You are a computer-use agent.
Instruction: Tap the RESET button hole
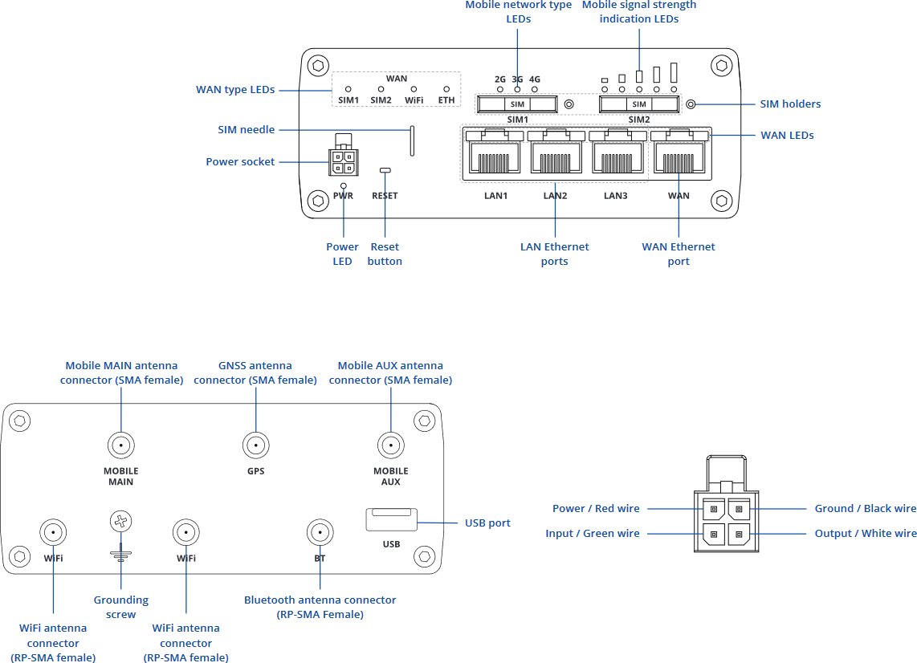tap(385, 170)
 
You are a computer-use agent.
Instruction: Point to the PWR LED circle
tap(344, 185)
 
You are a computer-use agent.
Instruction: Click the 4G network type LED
tap(535, 89)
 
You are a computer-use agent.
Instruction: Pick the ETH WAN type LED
tap(446, 89)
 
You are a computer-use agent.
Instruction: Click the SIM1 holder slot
tap(517, 104)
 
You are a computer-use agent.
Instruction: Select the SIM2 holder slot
tap(639, 104)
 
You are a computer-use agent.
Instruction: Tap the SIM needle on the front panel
tap(413, 141)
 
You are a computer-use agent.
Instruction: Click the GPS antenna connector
tap(255, 445)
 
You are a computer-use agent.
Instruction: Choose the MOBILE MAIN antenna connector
tap(120, 445)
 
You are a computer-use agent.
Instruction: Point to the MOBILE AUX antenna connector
tap(390, 445)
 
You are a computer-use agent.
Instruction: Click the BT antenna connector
tap(320, 531)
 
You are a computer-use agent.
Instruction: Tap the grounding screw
tap(120, 523)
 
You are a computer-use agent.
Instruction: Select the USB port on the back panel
tap(391, 520)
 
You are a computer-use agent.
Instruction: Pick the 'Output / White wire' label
tap(865, 534)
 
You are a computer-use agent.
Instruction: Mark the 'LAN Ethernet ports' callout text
tap(554, 254)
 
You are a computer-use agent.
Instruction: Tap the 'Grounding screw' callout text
tap(120, 607)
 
